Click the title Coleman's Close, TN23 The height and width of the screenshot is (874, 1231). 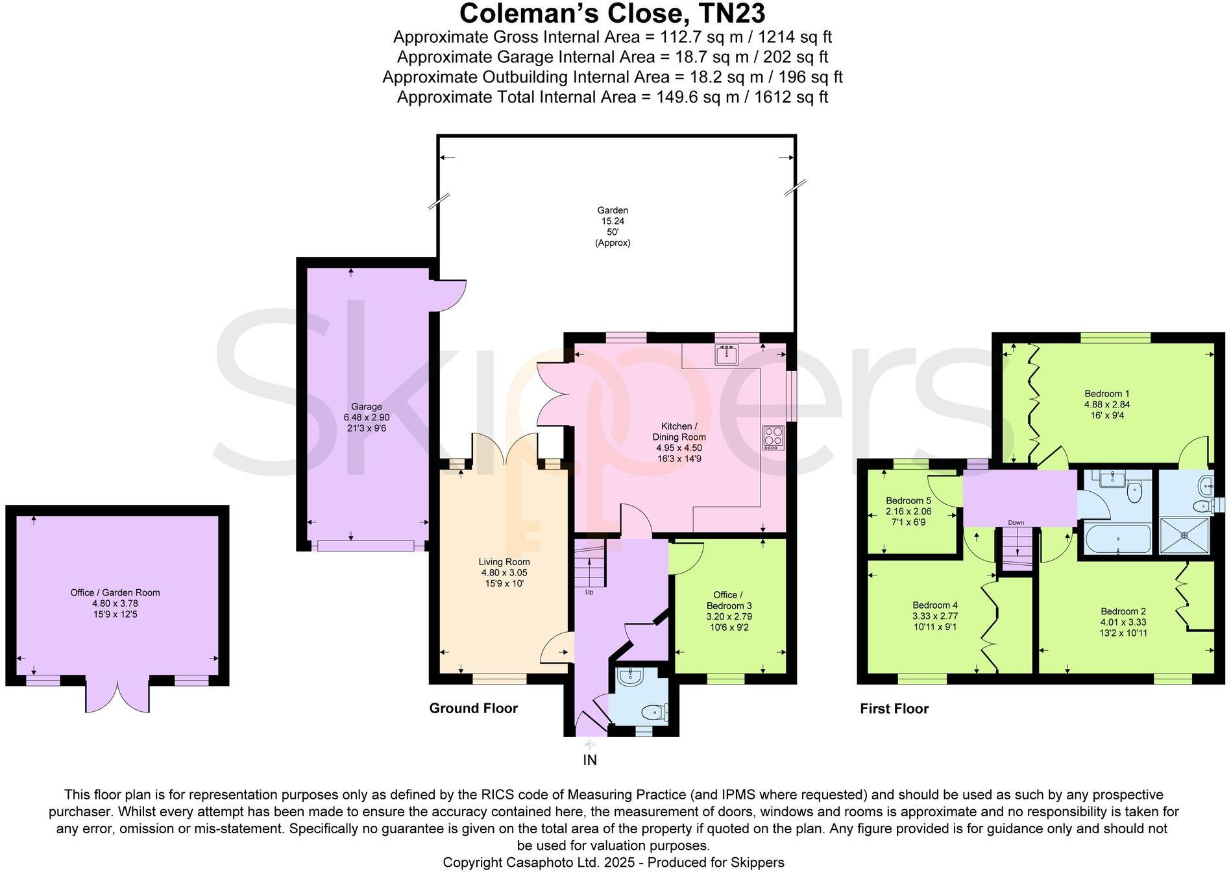tap(613, 13)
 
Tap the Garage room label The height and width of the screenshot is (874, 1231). tap(367, 407)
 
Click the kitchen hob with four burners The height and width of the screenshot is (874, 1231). tap(773, 437)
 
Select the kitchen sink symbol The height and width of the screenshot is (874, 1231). tap(726, 354)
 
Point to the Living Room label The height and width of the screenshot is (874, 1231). tap(504, 562)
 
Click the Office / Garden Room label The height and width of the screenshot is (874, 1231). tap(115, 592)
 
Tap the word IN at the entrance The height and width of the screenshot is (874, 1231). tap(589, 760)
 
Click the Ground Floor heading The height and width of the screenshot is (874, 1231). tap(473, 709)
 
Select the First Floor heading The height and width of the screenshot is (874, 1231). tap(894, 709)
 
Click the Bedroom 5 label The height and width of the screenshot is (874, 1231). tap(908, 500)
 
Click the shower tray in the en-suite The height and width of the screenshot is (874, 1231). tap(1184, 535)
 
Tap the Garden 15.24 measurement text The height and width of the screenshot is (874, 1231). tap(613, 221)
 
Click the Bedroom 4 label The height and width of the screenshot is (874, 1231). tap(934, 605)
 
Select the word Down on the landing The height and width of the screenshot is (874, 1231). tap(1016, 523)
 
